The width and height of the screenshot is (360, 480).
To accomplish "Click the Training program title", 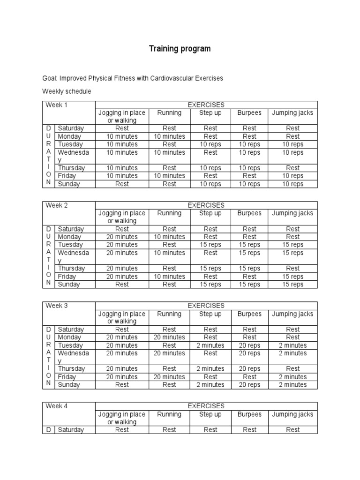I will coord(180,49).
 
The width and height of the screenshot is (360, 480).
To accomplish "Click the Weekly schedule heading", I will coord(67,91).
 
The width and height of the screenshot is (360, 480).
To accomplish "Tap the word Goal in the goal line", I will coord(49,78).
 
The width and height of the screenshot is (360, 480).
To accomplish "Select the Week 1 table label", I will coord(57,105).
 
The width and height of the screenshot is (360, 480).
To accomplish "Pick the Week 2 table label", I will coord(57,205).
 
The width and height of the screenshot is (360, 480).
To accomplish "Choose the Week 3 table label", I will coord(57,306).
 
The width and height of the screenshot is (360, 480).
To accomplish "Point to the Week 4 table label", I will coord(57,406).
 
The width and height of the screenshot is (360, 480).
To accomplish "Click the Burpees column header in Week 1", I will coord(249,113).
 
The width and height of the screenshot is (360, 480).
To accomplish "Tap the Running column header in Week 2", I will coord(169,213).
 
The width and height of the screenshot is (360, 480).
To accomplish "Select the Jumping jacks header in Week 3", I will coord(293,314).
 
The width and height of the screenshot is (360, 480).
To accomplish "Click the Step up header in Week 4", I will coord(210,414).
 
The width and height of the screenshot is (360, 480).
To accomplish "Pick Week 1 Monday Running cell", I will coord(169,136).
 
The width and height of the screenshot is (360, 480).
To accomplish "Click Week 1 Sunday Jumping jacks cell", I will coord(293,184).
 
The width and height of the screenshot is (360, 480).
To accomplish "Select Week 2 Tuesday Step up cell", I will coord(210,245).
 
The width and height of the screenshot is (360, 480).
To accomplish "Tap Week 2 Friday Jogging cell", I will coord(122,276).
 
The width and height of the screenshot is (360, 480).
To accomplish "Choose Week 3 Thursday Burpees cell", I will coord(249,368).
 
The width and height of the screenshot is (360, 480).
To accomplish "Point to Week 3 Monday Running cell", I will coord(169,337).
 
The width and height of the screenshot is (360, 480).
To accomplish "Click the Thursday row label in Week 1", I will coord(71,168).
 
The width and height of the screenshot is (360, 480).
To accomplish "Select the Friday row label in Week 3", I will coord(67,376).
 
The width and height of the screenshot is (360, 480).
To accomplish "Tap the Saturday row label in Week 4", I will coord(71,430).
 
